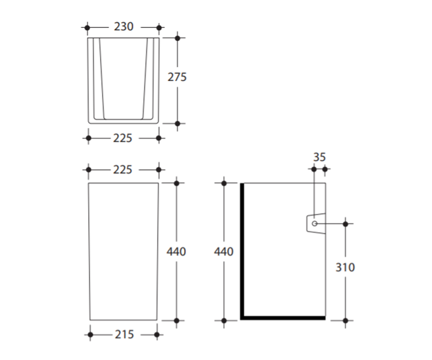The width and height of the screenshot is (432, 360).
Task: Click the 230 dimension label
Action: point(123,27)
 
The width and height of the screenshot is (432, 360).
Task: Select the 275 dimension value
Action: point(177,77)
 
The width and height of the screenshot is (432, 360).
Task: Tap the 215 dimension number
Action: point(124,334)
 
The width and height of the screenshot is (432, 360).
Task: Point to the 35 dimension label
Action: point(319,157)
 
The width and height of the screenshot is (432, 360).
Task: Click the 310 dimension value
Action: point(345,267)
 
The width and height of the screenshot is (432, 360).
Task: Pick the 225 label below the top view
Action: point(122,138)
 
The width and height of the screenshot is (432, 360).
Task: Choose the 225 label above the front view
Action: point(122,170)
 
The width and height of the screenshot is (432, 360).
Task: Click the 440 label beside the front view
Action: point(176,252)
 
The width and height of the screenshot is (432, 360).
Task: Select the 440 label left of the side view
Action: point(224,252)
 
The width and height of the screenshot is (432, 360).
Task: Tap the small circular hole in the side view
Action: point(315,224)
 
